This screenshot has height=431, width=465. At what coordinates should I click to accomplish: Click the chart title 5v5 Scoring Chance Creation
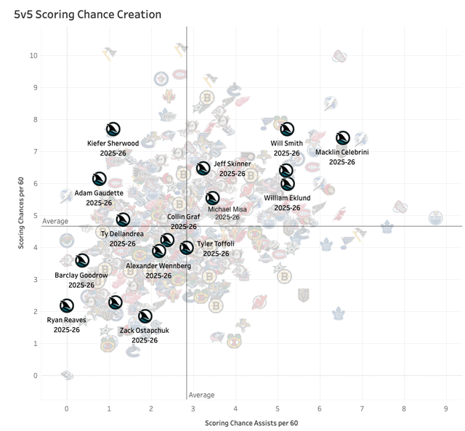[x=82, y=15]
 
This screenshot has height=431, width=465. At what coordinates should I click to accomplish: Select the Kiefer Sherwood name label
[x=113, y=143]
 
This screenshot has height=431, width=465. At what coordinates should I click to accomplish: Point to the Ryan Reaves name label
[x=66, y=320]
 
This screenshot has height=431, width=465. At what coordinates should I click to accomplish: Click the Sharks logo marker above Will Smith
[x=287, y=129]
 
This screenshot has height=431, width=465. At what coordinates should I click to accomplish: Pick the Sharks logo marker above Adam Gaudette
[x=100, y=179]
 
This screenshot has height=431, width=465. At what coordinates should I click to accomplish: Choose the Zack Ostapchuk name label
[x=145, y=330]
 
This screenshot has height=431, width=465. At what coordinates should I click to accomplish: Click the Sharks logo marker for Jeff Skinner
[x=203, y=169]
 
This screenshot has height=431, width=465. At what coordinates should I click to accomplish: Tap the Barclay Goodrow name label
[x=81, y=275]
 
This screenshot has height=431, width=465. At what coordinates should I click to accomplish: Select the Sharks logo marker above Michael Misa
[x=212, y=198]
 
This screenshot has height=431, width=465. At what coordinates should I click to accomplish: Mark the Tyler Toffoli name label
[x=216, y=244]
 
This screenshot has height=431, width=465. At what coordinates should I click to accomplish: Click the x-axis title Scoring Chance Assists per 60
[x=251, y=423]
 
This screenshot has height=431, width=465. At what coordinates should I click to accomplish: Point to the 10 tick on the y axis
[x=33, y=55]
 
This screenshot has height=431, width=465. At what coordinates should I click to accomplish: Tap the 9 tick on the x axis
[x=445, y=408]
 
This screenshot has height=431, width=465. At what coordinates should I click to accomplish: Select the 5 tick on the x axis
[x=277, y=408]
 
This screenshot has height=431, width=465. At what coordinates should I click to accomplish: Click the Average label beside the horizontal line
[x=55, y=221]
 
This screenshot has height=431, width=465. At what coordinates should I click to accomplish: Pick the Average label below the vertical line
[x=201, y=395]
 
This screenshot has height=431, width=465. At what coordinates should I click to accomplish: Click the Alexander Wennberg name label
[x=158, y=266]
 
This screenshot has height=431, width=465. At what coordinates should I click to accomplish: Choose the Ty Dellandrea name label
[x=122, y=234]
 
